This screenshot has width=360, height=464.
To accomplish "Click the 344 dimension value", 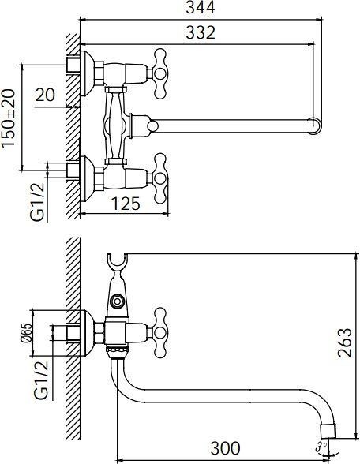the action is coord(201,8).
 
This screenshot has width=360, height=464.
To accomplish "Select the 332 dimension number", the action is coord(201,32).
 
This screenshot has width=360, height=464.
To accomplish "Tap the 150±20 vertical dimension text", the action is coord(9,118).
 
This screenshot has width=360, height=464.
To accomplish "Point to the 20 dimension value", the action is coord(45,95).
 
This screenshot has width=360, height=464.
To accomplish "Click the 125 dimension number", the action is coord(126,204).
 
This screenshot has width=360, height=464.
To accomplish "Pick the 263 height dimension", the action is coord(345,342).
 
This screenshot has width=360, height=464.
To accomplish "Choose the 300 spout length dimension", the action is coord(226,448).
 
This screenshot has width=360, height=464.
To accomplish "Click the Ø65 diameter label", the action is coord(26,333).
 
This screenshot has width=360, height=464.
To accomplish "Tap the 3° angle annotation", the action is coord(321,447).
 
